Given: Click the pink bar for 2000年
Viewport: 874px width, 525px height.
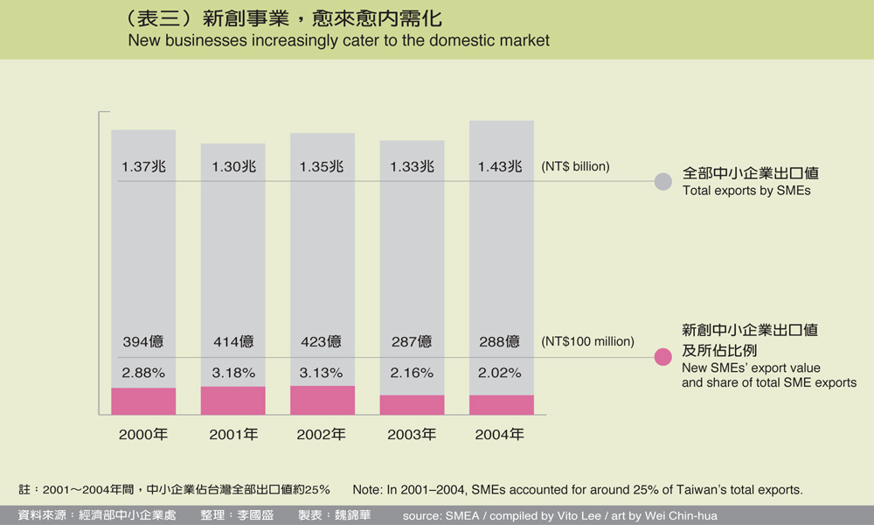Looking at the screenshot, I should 143,401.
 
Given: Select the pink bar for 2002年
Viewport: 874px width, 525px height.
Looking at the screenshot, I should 323,400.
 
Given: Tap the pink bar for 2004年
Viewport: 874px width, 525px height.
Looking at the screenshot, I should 502,404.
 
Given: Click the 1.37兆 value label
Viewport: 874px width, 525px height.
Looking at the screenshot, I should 143,166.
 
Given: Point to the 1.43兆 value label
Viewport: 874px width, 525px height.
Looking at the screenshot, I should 500,166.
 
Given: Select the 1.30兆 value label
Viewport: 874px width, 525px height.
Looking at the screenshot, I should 233,166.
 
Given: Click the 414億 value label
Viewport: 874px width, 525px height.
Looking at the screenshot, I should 233,341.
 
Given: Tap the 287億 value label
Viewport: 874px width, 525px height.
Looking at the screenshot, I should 412,341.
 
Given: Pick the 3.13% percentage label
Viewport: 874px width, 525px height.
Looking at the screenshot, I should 322,373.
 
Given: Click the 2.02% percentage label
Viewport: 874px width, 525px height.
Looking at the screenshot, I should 500,373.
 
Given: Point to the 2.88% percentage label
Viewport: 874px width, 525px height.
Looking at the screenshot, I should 143,373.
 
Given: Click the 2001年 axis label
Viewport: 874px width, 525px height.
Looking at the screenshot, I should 233,434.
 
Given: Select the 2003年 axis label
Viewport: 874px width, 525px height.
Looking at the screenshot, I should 412,434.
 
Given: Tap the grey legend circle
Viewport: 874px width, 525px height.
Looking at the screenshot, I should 663,182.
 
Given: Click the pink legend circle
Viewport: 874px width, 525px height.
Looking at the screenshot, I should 663,357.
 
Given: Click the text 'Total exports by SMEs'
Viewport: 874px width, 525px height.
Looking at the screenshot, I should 746,190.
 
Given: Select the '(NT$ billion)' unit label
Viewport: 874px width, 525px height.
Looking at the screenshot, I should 575,166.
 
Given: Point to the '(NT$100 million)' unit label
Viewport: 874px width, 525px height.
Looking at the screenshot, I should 588,341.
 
